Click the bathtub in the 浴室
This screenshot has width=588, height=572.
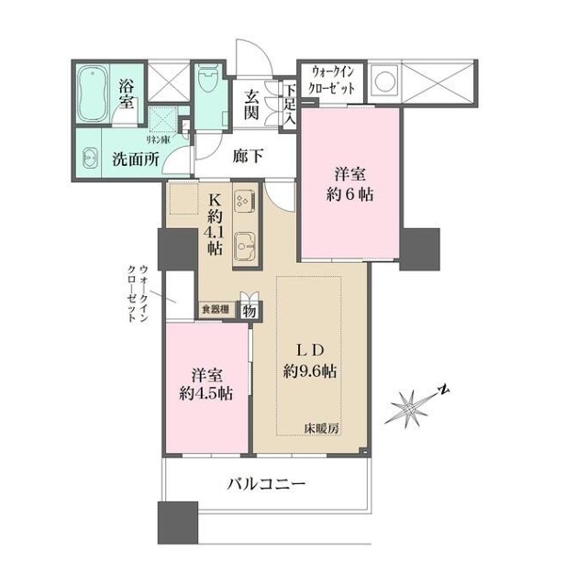pos(93,93)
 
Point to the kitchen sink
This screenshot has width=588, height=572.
pos(245,247)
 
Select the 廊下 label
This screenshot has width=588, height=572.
pos(248,156)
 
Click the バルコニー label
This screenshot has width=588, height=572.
pos(266,484)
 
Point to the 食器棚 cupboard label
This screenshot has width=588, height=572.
pos(216,310)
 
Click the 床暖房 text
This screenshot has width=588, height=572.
pos(321,428)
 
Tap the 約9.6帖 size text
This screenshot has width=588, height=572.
pos(309,371)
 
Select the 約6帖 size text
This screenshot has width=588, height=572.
pos(349,194)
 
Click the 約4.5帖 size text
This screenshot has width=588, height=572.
pos(206,393)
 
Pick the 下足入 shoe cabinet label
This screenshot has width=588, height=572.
pos(289,105)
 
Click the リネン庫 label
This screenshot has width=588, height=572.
pos(158,139)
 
